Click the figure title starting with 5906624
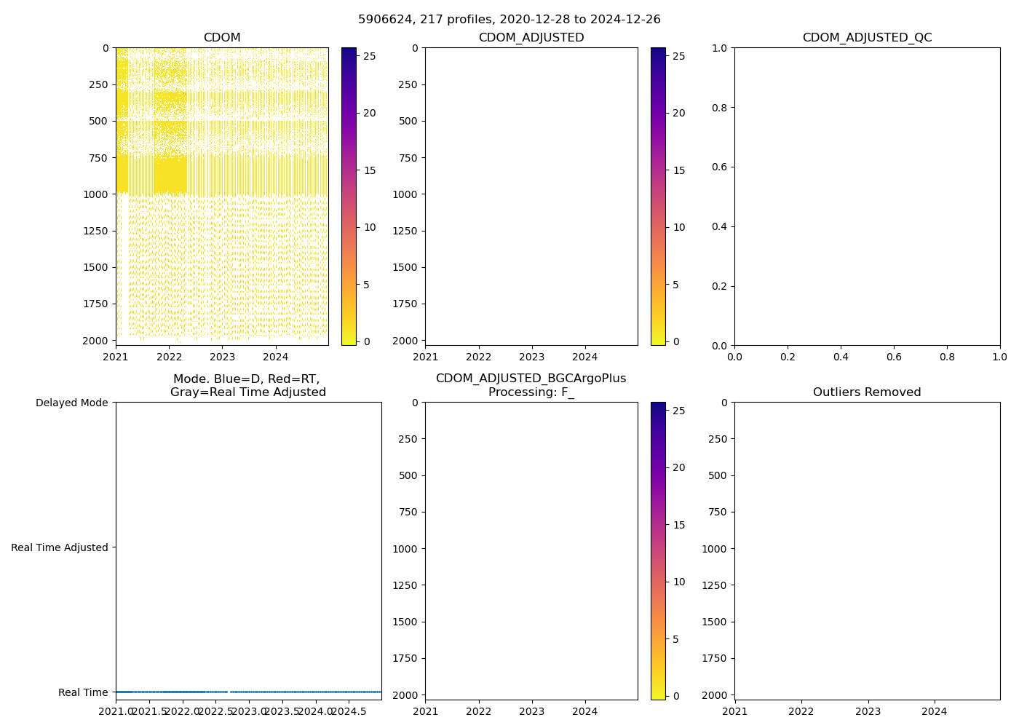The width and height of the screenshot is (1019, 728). [509, 20]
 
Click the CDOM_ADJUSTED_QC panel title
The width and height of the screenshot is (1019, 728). [867, 38]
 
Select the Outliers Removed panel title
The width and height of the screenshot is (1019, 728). [867, 392]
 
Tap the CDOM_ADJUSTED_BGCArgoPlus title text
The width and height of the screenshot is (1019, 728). [531, 379]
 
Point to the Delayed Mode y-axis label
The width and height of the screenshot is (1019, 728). [71, 403]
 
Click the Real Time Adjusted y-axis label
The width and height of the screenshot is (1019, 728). [60, 547]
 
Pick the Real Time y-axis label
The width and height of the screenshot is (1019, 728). [83, 692]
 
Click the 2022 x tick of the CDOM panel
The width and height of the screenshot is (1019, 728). [169, 357]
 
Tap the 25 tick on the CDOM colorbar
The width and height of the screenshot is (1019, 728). [370, 55]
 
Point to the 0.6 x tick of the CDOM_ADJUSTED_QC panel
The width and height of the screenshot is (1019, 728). [894, 357]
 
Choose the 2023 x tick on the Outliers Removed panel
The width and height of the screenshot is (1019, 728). [868, 711]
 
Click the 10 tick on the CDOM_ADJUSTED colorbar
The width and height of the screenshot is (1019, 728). [679, 227]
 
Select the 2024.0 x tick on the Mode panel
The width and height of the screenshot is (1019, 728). [317, 711]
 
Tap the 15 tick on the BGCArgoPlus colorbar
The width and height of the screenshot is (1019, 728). [679, 525]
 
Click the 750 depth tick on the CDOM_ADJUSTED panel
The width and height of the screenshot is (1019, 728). [408, 158]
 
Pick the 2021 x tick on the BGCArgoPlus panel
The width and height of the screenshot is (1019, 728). [425, 711]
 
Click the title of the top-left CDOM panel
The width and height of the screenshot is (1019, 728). [222, 38]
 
